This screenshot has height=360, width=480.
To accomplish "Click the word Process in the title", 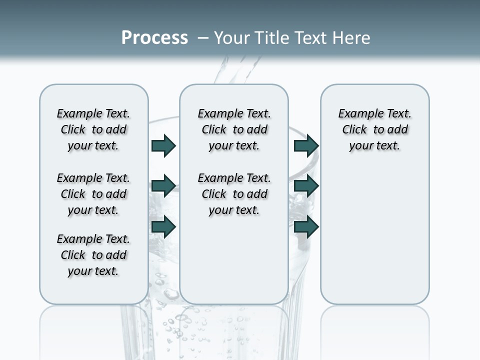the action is (154, 38).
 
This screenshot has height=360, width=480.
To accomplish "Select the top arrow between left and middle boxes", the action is (163, 145).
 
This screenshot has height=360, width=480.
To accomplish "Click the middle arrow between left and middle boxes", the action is (163, 186).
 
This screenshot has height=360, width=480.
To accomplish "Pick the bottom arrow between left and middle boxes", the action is (163, 226).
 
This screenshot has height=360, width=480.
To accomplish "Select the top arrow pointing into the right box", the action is (306, 145).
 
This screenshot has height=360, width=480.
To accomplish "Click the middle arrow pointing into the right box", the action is (306, 186).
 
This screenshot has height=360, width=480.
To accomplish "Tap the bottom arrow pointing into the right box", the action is (306, 226).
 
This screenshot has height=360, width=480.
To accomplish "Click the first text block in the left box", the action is (93, 129).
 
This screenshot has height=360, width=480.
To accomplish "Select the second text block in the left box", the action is (93, 194).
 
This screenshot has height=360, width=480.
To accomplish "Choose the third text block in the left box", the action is (93, 255).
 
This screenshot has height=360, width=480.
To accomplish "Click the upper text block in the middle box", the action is (234, 129).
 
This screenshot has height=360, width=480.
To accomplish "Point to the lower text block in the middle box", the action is (234, 194).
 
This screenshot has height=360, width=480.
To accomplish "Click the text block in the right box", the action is (375, 129).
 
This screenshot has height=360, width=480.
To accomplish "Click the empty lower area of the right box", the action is (375, 235).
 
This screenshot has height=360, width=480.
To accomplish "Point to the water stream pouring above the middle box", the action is (240, 70).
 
